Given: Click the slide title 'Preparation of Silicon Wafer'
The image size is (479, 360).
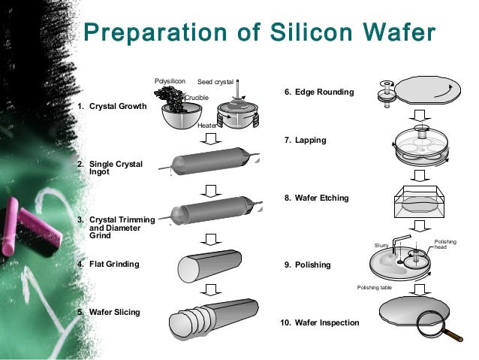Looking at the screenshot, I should click(x=258, y=35).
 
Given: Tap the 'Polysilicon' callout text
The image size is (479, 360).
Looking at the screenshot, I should click(x=170, y=80).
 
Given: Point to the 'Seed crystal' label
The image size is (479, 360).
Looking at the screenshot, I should click(x=215, y=82).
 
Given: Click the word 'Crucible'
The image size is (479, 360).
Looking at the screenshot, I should click(x=197, y=98).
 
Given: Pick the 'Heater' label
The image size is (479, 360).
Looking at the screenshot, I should click(x=206, y=126).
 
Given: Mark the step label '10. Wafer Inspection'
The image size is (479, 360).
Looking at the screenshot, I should click(x=318, y=322).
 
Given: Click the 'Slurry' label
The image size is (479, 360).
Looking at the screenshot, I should click(x=381, y=246).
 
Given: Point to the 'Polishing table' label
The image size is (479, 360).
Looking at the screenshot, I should click(x=374, y=287).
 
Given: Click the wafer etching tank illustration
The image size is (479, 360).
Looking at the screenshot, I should click(x=420, y=203).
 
